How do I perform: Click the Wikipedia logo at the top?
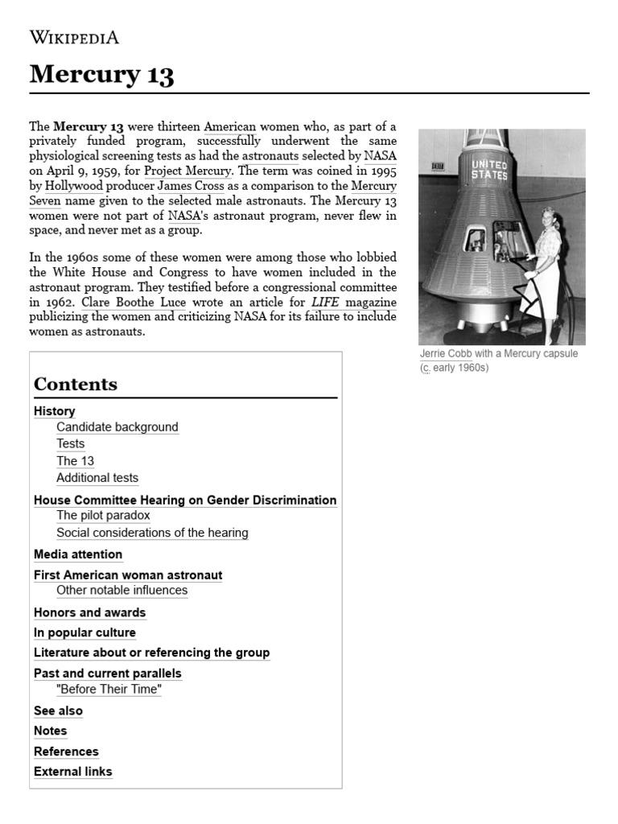tap(74, 37)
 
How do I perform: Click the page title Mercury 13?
tap(101, 75)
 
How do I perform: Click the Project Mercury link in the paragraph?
tap(188, 171)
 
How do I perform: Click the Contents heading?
tap(76, 384)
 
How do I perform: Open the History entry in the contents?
tap(54, 411)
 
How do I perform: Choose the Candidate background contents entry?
tap(117, 427)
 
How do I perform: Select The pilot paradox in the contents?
tap(103, 515)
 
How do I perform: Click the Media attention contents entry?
tap(78, 554)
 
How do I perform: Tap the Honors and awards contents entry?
tap(89, 612)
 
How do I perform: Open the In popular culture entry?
tap(84, 632)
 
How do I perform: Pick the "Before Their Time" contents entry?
tap(109, 690)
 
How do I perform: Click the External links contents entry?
tap(73, 772)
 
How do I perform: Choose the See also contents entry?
tap(58, 711)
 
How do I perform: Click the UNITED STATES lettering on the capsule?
tap(489, 169)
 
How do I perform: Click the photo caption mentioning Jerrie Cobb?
tap(498, 360)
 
